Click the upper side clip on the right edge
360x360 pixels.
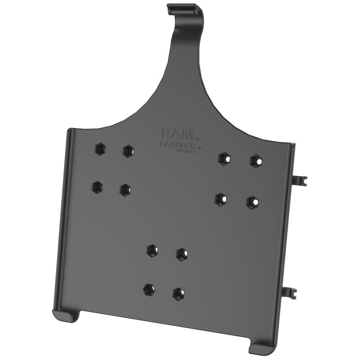click(299, 180)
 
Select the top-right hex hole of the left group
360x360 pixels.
click(128, 150)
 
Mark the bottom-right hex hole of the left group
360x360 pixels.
click(125, 189)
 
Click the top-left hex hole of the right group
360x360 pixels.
click(224, 158)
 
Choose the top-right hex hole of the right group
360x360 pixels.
click(256, 161)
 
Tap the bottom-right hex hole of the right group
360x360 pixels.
click(252, 202)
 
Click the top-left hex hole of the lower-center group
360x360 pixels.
click(152, 250)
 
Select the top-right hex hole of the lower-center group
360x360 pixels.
click(181, 254)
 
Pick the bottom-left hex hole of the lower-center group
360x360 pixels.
click(148, 289)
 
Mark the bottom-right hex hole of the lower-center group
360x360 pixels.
click(178, 293)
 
